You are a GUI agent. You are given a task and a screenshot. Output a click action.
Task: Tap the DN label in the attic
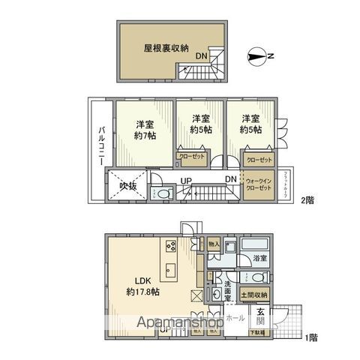pos(202,57)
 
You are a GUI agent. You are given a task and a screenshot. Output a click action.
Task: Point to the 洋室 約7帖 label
pos(145,129)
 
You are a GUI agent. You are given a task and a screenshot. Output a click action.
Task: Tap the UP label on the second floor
pos(185,179)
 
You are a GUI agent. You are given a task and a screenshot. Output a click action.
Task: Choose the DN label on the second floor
pos(232,179)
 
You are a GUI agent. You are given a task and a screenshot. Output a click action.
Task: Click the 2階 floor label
pos(307,199)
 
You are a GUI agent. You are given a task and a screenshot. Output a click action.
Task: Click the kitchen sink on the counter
pos(168,271)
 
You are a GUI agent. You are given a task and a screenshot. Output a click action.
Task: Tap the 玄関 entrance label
pos(259,319)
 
